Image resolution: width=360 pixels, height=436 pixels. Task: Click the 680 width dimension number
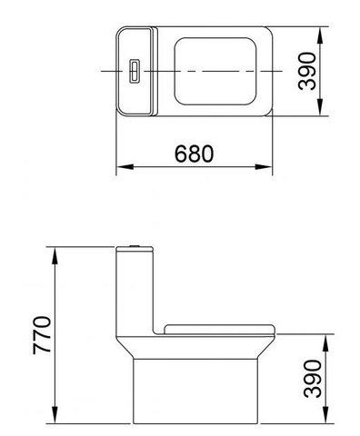195,154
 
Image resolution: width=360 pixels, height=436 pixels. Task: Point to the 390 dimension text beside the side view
311,379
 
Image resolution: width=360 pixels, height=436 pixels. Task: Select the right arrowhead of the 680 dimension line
270,167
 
